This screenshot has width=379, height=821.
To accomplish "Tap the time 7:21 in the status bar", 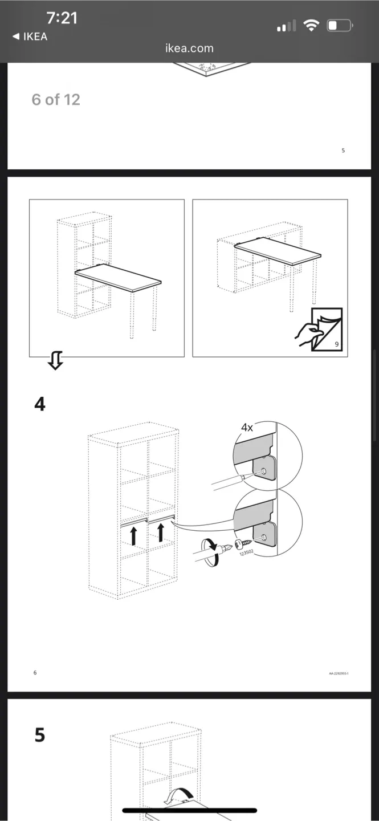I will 62,18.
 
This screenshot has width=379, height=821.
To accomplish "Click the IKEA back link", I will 30,36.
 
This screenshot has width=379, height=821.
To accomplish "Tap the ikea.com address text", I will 189,48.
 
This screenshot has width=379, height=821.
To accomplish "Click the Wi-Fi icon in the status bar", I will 311,26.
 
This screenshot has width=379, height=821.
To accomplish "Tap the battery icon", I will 340,26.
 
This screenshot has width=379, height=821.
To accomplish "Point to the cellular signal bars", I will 286,26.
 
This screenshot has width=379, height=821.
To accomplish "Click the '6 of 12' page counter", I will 56,100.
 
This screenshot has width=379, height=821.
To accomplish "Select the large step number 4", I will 40,404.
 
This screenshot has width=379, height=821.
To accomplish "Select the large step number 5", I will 39,735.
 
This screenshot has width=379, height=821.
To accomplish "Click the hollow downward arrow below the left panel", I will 55,360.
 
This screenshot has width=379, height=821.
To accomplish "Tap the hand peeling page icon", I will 320,330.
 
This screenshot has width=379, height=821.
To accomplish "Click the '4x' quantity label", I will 247,427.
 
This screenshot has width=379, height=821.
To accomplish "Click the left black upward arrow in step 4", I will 134,535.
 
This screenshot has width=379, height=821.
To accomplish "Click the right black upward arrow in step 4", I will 161,532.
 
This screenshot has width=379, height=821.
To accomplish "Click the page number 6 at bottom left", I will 35,673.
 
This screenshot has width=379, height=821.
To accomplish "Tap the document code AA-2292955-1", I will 339,673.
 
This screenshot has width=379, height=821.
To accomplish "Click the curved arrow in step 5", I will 178,795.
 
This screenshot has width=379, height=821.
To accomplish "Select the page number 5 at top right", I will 343,151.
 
